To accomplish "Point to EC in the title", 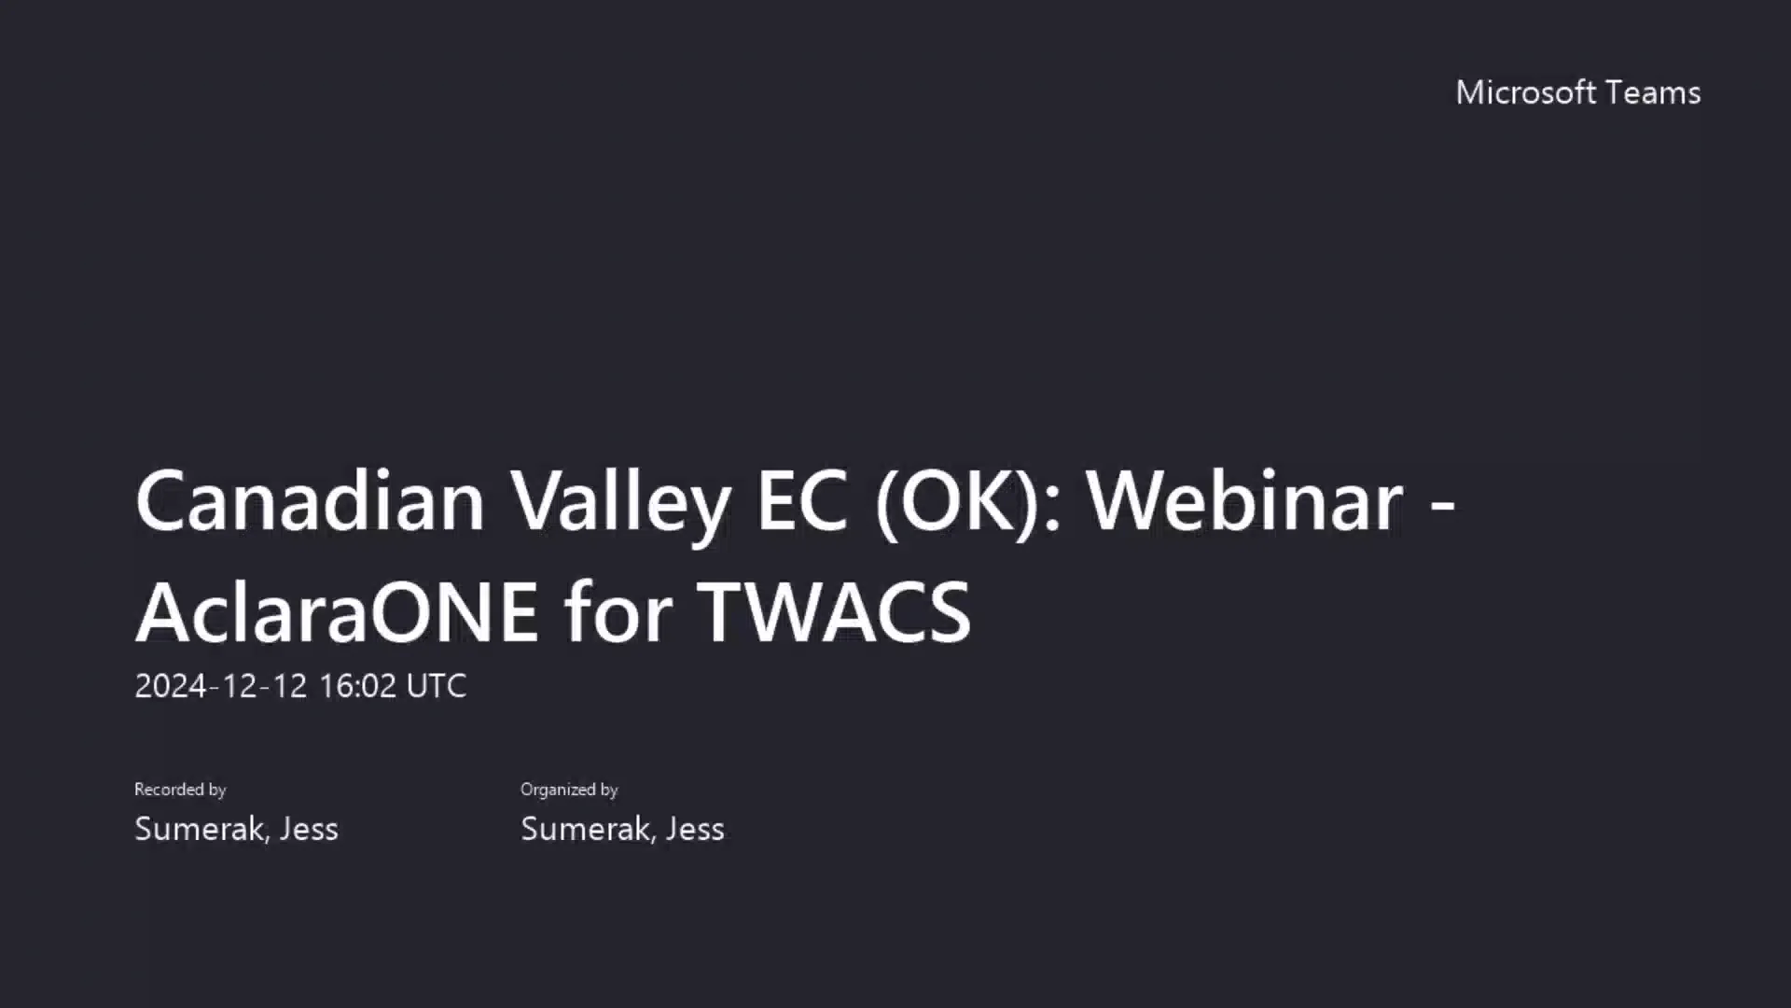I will [x=801, y=500].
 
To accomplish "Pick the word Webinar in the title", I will [x=1244, y=500].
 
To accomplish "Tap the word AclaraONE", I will [x=337, y=612].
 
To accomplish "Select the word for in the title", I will [x=618, y=612].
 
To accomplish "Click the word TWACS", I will [x=835, y=612].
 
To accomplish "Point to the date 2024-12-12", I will [x=220, y=686].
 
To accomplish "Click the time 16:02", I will [x=357, y=686].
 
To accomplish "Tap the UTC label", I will [x=436, y=686].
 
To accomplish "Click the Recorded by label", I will [x=180, y=790].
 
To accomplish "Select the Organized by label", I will [x=569, y=790].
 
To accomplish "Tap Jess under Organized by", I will [x=695, y=829].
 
